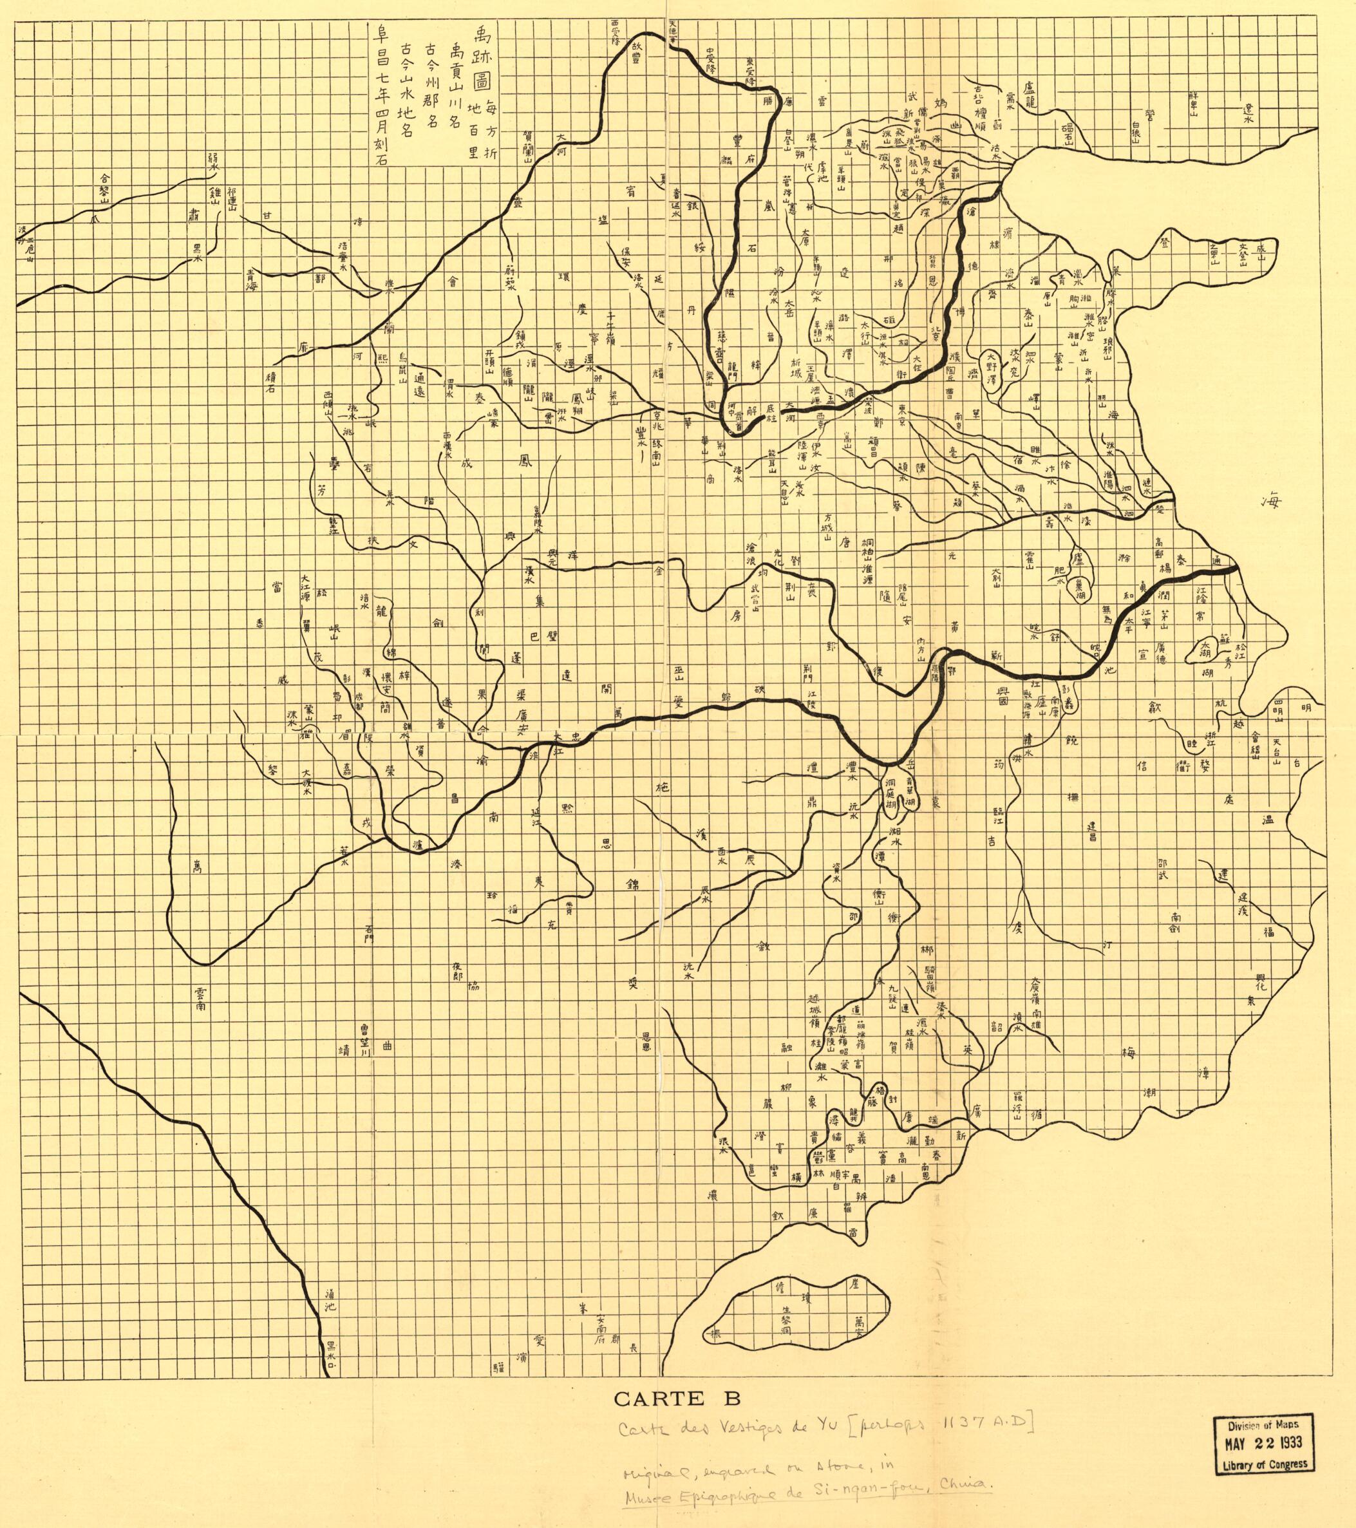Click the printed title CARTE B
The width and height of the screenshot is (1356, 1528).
tap(678, 1397)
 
